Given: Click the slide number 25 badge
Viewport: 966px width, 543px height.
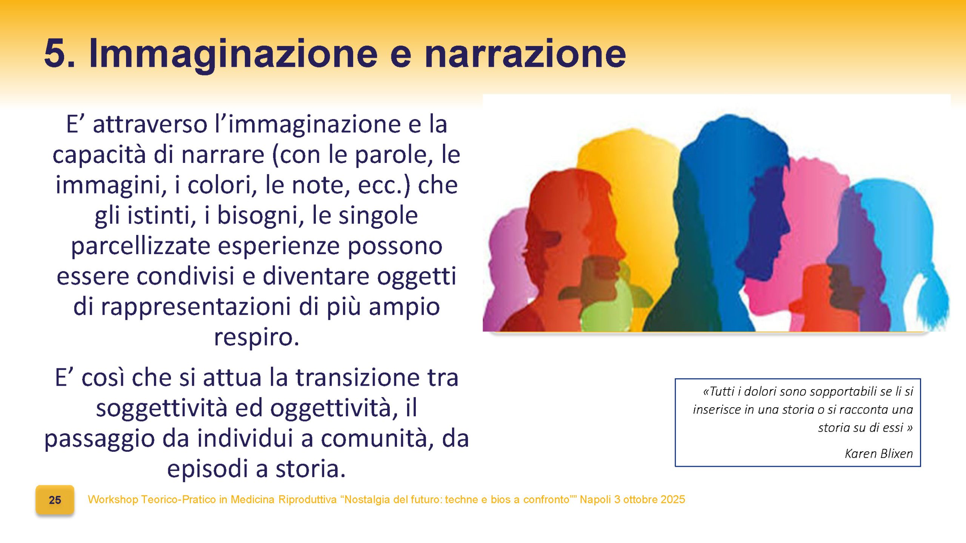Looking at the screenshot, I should tap(55, 500).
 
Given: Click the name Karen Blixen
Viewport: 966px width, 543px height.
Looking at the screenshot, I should tap(878, 453).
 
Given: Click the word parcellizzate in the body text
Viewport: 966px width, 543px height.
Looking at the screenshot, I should tap(140, 246).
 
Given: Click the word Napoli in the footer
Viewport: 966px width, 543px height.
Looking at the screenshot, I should tap(595, 499).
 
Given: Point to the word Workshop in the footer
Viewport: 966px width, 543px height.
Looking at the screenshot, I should tap(113, 499).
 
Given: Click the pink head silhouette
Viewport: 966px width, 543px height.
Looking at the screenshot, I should tap(811, 211).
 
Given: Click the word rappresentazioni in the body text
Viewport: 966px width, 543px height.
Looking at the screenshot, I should tap(196, 307).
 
